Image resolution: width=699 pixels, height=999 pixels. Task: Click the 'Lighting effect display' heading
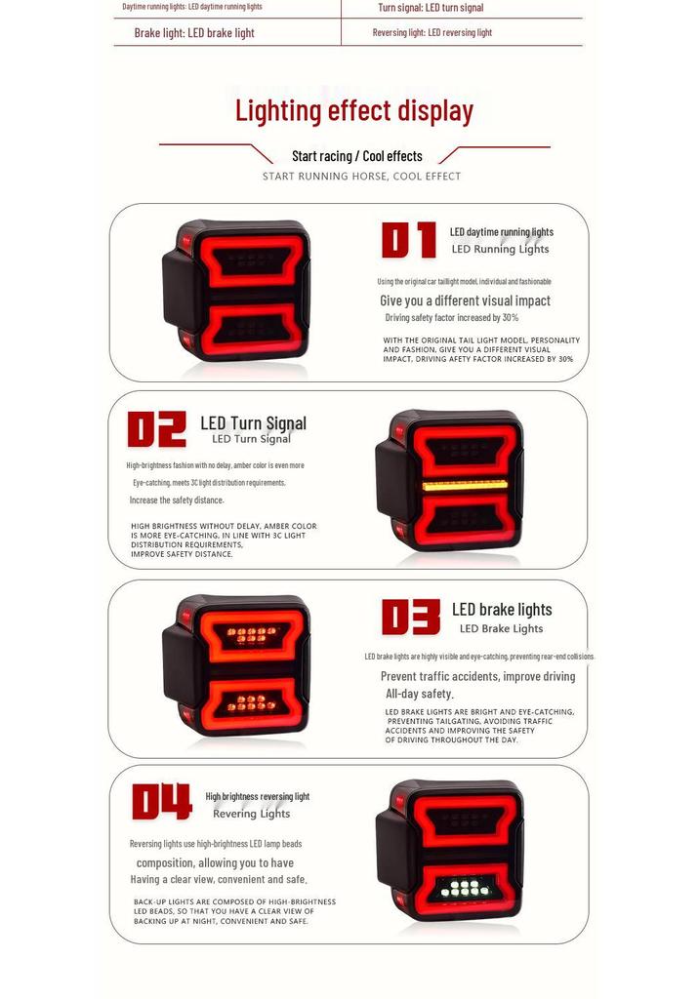(x=354, y=111)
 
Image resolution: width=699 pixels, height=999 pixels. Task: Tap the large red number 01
(x=409, y=240)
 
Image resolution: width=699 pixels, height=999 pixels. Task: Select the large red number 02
(x=157, y=429)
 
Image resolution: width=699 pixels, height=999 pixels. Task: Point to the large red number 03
(x=411, y=617)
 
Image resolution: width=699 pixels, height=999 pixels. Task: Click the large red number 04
(x=162, y=802)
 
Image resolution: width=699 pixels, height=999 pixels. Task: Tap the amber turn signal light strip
(x=465, y=485)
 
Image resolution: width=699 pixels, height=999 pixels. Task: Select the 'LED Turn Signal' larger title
(x=253, y=423)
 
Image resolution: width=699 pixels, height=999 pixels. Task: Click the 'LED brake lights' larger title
(x=502, y=610)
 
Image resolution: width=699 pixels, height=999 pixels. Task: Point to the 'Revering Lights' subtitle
(x=251, y=814)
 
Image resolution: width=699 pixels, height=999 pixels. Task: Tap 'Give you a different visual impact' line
(x=465, y=300)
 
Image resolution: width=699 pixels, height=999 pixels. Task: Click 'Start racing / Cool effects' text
(x=357, y=156)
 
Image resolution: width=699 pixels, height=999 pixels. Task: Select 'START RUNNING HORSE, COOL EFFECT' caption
(x=361, y=176)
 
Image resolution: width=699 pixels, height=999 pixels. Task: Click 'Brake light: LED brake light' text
(x=194, y=33)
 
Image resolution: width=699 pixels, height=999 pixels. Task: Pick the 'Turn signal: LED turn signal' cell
(x=431, y=8)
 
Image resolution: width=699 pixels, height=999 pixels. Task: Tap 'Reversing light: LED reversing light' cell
(x=432, y=32)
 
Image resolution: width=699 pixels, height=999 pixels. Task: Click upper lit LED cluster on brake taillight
(x=251, y=634)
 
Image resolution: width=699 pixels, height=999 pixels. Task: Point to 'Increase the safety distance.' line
(x=177, y=500)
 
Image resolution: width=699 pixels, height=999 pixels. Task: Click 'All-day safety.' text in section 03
(x=420, y=694)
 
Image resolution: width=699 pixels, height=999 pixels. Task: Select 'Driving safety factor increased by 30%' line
(x=452, y=317)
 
